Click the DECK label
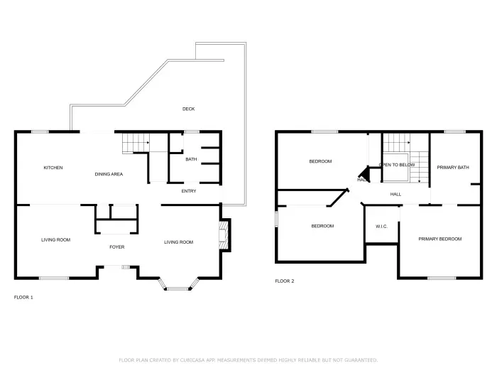(188, 109)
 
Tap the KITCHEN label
(53, 168)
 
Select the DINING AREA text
(109, 173)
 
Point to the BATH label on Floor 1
(191, 159)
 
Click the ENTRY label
(189, 190)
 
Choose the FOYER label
(116, 247)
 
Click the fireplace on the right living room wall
(224, 235)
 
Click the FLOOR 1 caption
(23, 297)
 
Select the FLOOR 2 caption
(285, 281)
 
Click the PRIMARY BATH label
(452, 168)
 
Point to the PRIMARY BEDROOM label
(439, 239)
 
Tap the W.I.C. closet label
(381, 226)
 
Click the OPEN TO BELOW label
(397, 164)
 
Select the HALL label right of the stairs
(395, 193)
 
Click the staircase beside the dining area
(135, 144)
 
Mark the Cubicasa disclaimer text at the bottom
(248, 360)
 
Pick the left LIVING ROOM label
(55, 240)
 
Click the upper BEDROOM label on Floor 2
(320, 161)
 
